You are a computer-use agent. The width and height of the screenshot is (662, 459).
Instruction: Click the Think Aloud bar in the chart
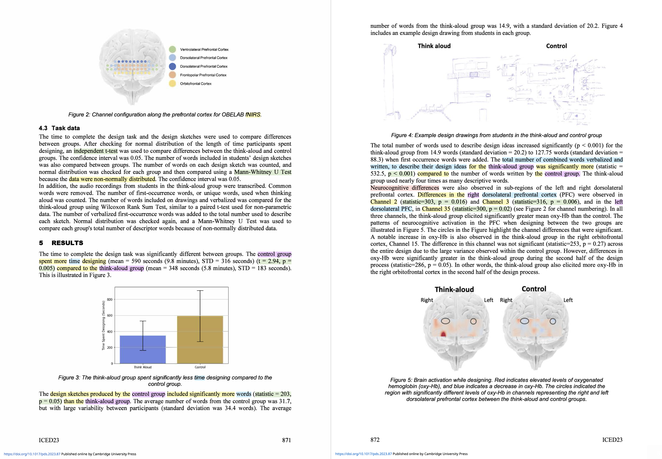pyautogui.click(x=143, y=349)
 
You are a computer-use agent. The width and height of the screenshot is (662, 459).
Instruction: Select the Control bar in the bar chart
pyautogui.click(x=200, y=339)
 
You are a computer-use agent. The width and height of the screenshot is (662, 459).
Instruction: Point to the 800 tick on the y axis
pyautogui.click(x=110, y=299)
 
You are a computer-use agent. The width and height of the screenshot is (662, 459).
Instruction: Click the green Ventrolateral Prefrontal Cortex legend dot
pyautogui.click(x=172, y=49)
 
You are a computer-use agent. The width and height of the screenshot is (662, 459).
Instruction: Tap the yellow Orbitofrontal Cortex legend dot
pyautogui.click(x=172, y=84)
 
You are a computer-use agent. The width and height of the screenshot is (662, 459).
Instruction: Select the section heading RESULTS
pyautogui.click(x=67, y=243)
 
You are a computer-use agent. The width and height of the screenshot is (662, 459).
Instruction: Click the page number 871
pyautogui.click(x=286, y=440)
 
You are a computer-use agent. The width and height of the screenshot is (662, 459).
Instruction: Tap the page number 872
pyautogui.click(x=375, y=440)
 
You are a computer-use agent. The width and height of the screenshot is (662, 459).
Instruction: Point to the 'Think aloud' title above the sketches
pyautogui.click(x=434, y=46)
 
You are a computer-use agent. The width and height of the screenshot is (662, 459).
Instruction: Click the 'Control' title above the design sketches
pyautogui.click(x=556, y=46)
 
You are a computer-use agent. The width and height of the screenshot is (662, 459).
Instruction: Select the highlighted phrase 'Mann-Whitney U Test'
pyautogui.click(x=262, y=172)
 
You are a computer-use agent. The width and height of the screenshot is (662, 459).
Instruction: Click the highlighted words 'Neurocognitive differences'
pyautogui.click(x=405, y=188)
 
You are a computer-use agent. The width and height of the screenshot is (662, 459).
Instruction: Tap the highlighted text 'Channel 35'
pyautogui.click(x=436, y=209)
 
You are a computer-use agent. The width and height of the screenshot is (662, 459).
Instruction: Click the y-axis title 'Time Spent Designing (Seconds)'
pyautogui.click(x=104, y=325)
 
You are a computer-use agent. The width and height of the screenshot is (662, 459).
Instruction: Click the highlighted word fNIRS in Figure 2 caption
pyautogui.click(x=253, y=114)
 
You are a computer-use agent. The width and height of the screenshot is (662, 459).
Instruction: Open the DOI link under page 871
pyautogui.click(x=32, y=454)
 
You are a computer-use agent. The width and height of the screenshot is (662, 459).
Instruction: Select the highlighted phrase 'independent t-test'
pyautogui.click(x=96, y=151)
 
